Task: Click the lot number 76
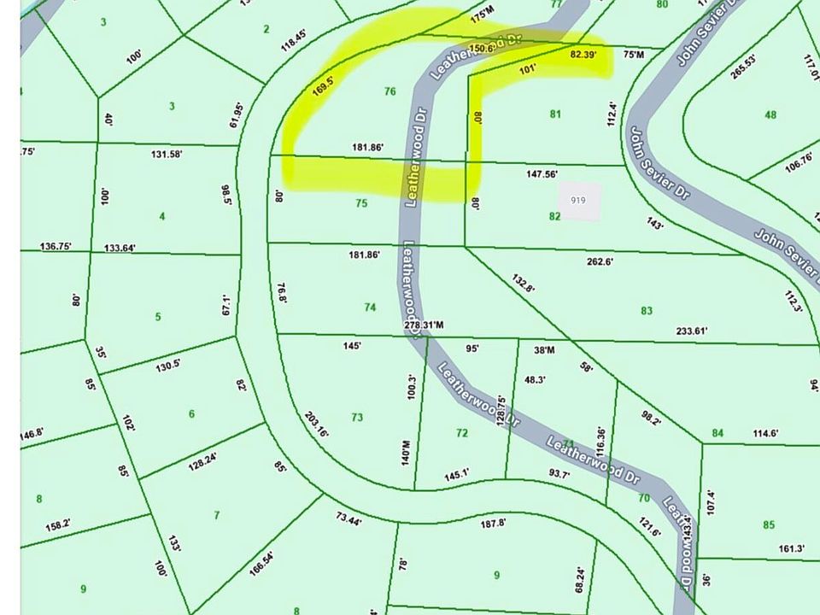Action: pyautogui.click(x=390, y=91)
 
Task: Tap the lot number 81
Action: pyautogui.click(x=556, y=114)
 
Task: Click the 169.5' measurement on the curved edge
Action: pyautogui.click(x=321, y=88)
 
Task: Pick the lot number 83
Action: pyautogui.click(x=647, y=311)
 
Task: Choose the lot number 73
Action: pyautogui.click(x=357, y=418)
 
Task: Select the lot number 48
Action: pyautogui.click(x=771, y=114)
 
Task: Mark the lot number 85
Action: pyautogui.click(x=769, y=524)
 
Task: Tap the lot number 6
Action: pyautogui.click(x=191, y=414)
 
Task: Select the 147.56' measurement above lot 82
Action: pyautogui.click(x=542, y=174)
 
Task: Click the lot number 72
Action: pyautogui.click(x=462, y=433)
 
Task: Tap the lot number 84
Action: pyautogui.click(x=717, y=433)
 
